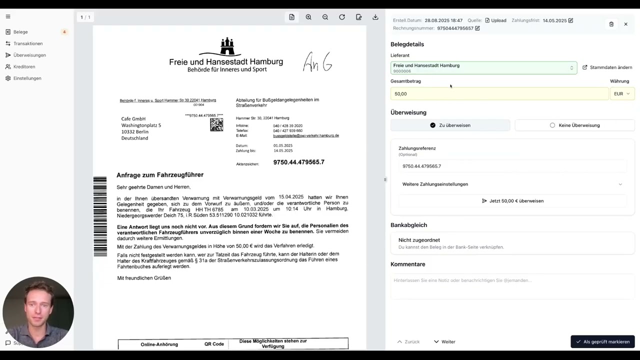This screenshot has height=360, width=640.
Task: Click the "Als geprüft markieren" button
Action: click(x=602, y=341)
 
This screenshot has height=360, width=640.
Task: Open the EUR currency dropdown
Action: click(x=621, y=93)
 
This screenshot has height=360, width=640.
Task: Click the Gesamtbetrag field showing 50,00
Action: click(x=499, y=93)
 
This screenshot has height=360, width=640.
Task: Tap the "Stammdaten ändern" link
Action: click(x=607, y=67)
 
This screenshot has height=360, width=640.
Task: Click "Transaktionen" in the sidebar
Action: click(x=28, y=43)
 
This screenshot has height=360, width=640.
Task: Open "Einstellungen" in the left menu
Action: click(x=27, y=78)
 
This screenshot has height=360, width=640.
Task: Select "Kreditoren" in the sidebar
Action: click(x=24, y=66)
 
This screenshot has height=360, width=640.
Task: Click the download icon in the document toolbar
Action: click(x=375, y=17)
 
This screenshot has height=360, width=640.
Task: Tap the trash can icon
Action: click(x=611, y=24)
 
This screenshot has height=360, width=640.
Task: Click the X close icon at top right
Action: click(x=625, y=24)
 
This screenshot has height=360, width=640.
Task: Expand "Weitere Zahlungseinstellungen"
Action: click(x=512, y=184)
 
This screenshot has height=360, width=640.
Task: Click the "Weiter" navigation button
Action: click(x=444, y=341)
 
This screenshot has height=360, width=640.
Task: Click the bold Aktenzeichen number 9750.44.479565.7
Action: click(x=298, y=162)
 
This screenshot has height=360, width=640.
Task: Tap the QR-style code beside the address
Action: click(x=216, y=124)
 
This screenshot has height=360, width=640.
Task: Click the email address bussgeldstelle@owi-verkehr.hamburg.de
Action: click(x=306, y=135)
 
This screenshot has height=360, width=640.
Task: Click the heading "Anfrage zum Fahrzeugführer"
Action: click(x=160, y=175)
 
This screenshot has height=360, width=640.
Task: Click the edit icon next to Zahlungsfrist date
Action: click(x=570, y=20)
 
